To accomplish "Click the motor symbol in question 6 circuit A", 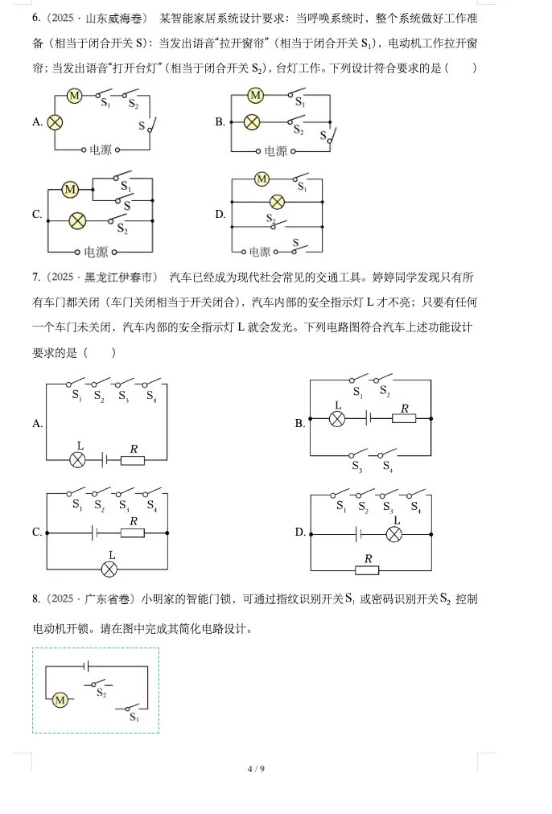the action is click(74, 96).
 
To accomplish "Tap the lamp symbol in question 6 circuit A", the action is click(55, 122).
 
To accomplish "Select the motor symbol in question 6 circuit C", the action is click(70, 190).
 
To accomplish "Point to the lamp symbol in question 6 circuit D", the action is click(277, 201).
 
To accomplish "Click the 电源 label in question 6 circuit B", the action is click(275, 150).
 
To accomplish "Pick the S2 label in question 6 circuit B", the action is click(299, 129).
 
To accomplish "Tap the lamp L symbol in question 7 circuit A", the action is click(78, 460).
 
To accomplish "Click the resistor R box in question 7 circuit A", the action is click(133, 460).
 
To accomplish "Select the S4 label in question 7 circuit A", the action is click(151, 395).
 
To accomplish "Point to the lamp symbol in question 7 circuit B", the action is click(338, 419).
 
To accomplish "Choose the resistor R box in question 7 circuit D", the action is click(368, 569).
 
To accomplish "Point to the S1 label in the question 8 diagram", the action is click(134, 717).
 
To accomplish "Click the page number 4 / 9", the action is click(256, 769).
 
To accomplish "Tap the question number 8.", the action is click(36, 598).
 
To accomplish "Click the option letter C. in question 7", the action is click(37, 532).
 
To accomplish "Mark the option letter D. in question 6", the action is click(220, 214).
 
